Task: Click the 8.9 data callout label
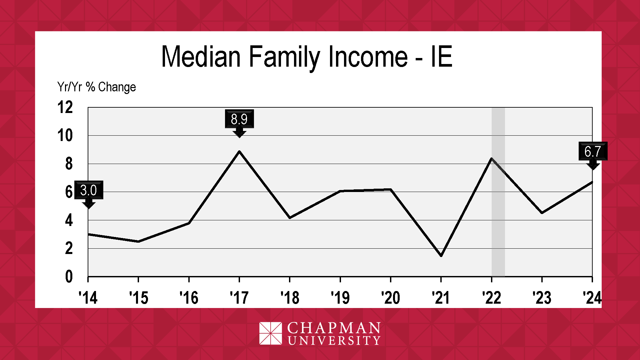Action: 239,119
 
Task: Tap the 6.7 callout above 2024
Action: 593,151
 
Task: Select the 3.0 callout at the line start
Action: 89,190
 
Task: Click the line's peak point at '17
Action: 239,151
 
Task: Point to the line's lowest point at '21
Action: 441,256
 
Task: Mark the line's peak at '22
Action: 492,158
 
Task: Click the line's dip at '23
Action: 542,213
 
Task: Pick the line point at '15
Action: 138,241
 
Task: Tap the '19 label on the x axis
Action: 340,298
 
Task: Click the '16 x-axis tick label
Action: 189,298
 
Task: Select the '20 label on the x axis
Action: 390,298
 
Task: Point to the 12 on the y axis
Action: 65,107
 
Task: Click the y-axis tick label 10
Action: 65,136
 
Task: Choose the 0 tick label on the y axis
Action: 69,277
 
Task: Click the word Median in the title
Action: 201,57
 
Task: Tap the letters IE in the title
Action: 441,56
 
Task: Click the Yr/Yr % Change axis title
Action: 97,87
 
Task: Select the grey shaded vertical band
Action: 498,192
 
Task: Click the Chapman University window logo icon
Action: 271,333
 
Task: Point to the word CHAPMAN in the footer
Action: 334,328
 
